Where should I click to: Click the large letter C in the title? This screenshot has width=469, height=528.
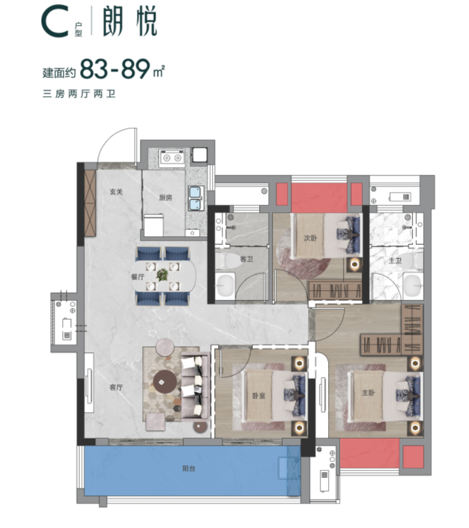56,21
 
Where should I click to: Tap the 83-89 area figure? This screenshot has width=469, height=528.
115,69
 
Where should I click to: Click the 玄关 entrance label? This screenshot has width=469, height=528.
116,192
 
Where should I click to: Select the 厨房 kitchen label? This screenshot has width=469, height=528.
165,198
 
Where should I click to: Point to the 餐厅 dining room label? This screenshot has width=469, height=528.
138,277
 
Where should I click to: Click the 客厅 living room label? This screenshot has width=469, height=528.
116,388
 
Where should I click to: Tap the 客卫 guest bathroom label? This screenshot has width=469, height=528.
246,259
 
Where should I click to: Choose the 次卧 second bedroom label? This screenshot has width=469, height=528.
310,238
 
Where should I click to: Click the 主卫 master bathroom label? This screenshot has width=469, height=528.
395,260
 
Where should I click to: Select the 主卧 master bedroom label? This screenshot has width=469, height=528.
368,393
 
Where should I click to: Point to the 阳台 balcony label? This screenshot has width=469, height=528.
189,469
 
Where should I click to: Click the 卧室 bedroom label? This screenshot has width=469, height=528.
259,396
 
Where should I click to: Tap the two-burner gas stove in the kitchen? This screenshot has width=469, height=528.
173,158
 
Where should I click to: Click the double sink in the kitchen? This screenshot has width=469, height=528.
196,198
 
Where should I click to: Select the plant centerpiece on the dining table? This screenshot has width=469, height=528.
162,275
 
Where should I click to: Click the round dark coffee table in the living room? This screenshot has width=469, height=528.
165,382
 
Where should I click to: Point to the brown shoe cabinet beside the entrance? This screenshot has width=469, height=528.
90,203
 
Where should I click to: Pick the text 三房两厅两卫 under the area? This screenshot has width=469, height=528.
79,93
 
